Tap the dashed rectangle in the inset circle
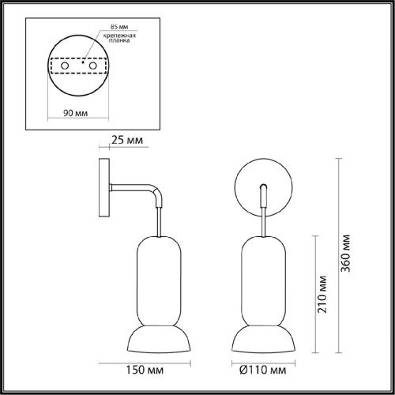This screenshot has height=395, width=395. (77, 76)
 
